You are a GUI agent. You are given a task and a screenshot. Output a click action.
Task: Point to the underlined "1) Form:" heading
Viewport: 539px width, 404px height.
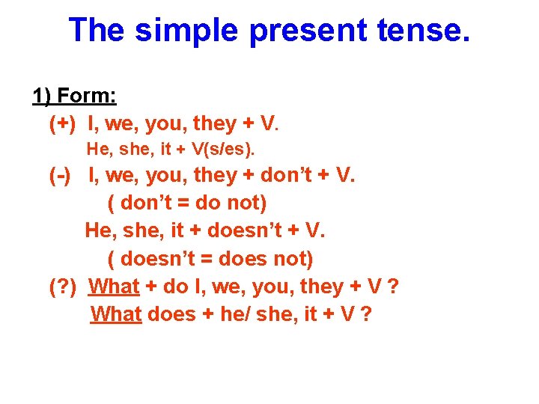[x=73, y=97]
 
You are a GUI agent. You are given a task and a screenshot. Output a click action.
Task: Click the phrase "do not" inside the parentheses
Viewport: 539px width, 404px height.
[x=232, y=203]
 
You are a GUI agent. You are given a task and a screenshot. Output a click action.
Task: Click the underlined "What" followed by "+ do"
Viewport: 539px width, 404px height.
[x=115, y=287]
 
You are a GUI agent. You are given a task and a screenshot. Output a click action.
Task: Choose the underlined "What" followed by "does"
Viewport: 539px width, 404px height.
[x=116, y=314]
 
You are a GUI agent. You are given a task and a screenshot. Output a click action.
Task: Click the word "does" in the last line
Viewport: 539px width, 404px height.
[x=171, y=314]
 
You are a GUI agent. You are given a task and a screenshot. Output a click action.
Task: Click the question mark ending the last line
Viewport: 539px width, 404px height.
[x=365, y=314]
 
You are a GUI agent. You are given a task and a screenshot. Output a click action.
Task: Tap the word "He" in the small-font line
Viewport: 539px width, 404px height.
[x=97, y=150]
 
